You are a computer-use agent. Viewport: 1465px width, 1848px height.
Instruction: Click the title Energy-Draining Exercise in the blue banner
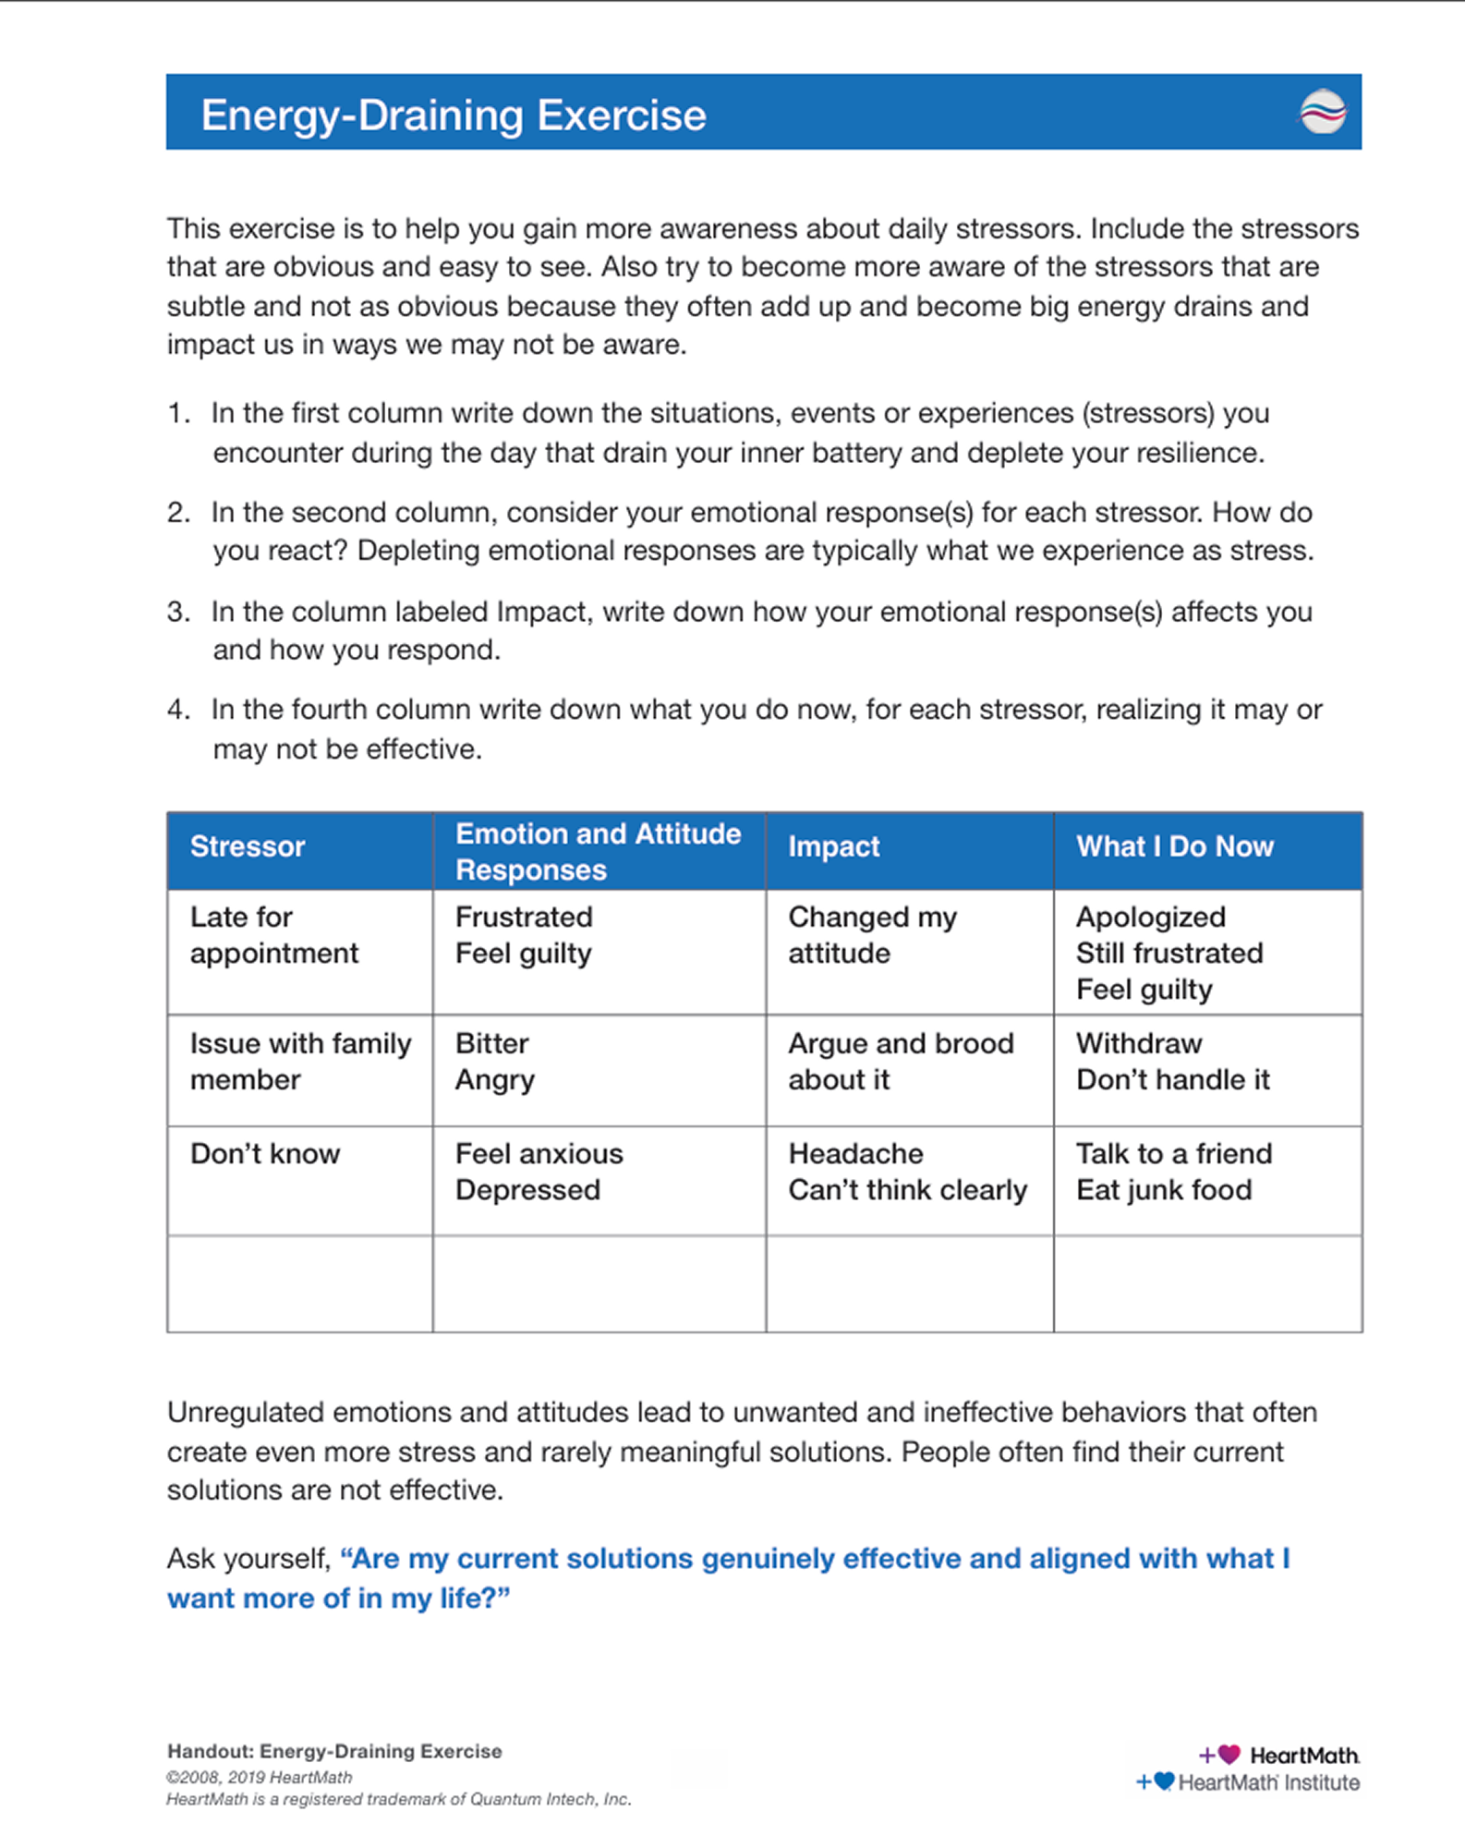click(x=454, y=115)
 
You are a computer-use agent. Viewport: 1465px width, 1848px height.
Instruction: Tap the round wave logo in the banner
click(x=1323, y=112)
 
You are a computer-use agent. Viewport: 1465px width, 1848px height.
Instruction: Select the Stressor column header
click(x=248, y=846)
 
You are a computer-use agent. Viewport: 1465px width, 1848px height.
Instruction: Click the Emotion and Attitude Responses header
click(x=598, y=851)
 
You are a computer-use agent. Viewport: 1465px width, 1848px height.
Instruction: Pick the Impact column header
click(x=833, y=846)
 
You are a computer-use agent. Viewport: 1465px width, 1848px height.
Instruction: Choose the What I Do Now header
click(x=1174, y=846)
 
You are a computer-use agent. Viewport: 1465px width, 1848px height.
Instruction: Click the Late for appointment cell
click(x=273, y=935)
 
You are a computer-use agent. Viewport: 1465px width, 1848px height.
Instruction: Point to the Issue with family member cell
click(x=300, y=1062)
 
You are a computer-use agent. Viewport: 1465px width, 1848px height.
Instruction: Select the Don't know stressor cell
click(x=265, y=1154)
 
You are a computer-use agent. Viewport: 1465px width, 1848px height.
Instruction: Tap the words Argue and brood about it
click(x=900, y=1062)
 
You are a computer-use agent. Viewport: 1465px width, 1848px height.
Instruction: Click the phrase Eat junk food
click(x=1164, y=1190)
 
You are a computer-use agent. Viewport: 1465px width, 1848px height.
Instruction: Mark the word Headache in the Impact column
click(x=855, y=1154)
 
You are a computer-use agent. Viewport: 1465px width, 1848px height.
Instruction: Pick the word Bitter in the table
click(x=491, y=1044)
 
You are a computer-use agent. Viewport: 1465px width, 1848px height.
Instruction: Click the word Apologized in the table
click(x=1150, y=918)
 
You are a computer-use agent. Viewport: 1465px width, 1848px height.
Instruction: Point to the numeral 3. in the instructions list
click(x=178, y=612)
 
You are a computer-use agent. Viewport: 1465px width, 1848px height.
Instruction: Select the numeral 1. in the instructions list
click(x=178, y=413)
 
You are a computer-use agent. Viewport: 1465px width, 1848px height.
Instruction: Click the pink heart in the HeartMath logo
click(x=1229, y=1754)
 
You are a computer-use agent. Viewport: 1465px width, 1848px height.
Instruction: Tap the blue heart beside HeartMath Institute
click(x=1164, y=1781)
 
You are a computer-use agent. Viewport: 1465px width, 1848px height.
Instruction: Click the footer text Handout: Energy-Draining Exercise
click(x=334, y=1751)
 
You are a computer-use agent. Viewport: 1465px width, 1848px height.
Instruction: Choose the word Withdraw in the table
click(x=1139, y=1044)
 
